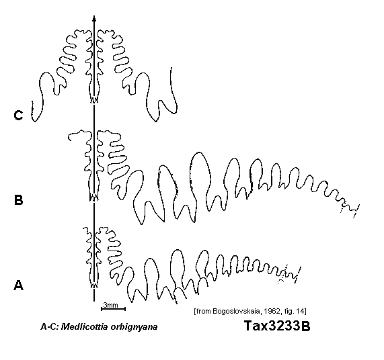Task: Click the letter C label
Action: pyautogui.click(x=18, y=116)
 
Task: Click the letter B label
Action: pyautogui.click(x=19, y=200)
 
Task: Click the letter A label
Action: pyautogui.click(x=18, y=285)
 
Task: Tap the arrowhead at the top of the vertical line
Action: pyautogui.click(x=94, y=19)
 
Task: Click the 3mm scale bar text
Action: pyautogui.click(x=111, y=305)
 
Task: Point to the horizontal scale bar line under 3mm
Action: pyautogui.click(x=114, y=309)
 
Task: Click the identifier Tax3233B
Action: pyautogui.click(x=277, y=326)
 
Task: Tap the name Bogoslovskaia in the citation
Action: pyautogui.click(x=236, y=312)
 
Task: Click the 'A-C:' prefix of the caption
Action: pyautogui.click(x=50, y=326)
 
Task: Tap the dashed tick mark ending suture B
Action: pyautogui.click(x=356, y=211)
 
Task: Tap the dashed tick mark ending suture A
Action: pyautogui.click(x=298, y=274)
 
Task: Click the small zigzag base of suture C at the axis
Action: pyautogui.click(x=94, y=100)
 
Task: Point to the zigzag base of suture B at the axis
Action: pyautogui.click(x=94, y=198)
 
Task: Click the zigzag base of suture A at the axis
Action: pyautogui.click(x=94, y=285)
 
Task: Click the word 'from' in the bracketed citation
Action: pyautogui.click(x=203, y=312)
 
